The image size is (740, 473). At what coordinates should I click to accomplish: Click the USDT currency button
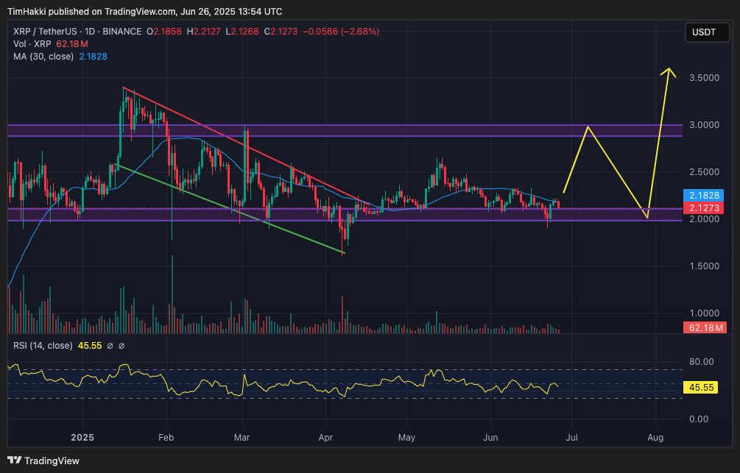click(703, 32)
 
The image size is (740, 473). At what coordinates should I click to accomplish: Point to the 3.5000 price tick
click(705, 78)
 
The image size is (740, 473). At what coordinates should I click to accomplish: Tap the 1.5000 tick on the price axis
click(705, 266)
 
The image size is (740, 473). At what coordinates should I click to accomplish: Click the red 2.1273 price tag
click(705, 208)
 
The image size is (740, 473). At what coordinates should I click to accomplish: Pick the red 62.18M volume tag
click(705, 327)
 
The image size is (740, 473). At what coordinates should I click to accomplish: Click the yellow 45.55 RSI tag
click(702, 386)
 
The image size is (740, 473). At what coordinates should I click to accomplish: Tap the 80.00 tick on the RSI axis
click(702, 361)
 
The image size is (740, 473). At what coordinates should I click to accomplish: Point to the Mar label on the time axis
click(242, 437)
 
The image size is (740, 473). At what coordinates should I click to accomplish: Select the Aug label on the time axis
click(655, 437)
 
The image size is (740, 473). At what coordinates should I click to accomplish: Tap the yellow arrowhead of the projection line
click(669, 71)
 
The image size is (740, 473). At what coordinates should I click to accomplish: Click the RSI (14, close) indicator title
click(43, 346)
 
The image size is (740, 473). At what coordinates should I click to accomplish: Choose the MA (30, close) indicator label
click(43, 57)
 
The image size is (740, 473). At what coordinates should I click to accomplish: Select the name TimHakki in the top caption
click(28, 12)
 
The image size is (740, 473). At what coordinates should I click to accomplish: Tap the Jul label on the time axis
click(571, 437)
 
